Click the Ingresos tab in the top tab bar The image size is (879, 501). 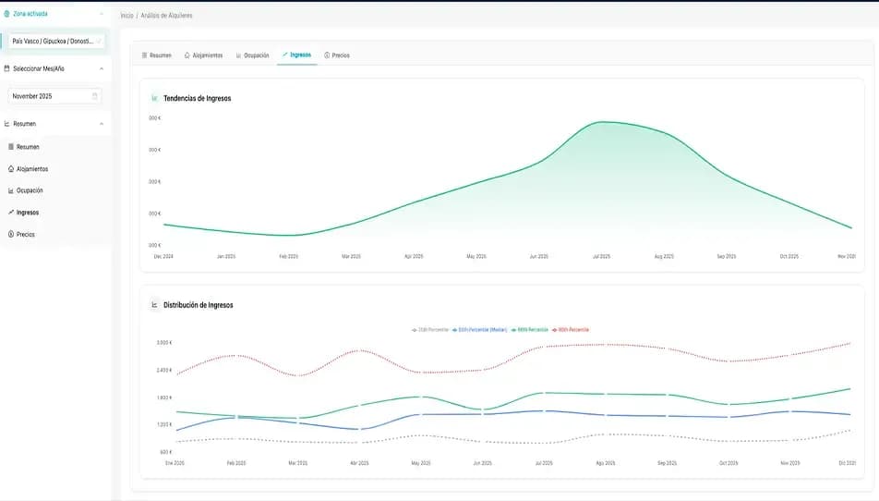[296, 55]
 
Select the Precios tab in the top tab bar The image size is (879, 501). [337, 55]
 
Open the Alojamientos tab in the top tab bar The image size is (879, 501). [203, 55]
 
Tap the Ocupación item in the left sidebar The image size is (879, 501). [30, 190]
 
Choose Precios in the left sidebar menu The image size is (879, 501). [25, 235]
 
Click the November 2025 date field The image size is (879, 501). [54, 96]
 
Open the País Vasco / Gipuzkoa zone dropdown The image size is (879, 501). [54, 42]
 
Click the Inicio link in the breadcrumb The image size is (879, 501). [126, 16]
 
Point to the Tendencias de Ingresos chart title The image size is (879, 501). [197, 98]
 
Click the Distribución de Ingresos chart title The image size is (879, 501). [198, 305]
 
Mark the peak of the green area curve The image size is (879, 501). [602, 122]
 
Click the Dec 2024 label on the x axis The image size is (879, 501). [163, 256]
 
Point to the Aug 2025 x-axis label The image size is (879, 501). [665, 256]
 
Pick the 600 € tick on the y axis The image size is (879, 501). [166, 452]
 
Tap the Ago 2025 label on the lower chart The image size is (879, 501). [606, 462]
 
